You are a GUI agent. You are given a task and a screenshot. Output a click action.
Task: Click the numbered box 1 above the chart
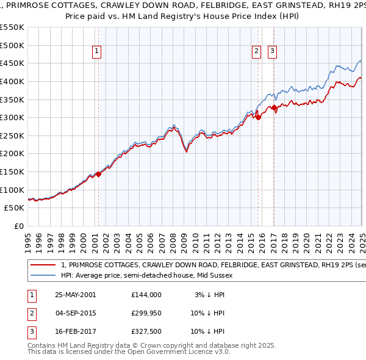pyautogui.click(x=98, y=52)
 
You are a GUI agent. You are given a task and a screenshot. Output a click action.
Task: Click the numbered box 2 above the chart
pyautogui.click(x=256, y=52)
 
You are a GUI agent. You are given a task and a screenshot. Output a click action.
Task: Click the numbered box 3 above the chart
pyautogui.click(x=272, y=52)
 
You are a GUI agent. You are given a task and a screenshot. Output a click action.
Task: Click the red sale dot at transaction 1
pyautogui.click(x=98, y=174)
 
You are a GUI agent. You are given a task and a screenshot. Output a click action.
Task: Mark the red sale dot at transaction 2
pyautogui.click(x=258, y=118)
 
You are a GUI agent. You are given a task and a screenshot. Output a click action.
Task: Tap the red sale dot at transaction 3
pyautogui.click(x=274, y=108)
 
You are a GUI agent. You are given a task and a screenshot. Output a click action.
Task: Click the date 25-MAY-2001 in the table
pyautogui.click(x=75, y=295)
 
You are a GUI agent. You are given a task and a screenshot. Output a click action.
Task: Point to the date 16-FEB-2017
pyautogui.click(x=75, y=333)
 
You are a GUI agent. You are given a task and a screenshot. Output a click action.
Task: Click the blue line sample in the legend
pyautogui.click(x=43, y=275)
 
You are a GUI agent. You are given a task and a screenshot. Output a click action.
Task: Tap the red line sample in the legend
pyautogui.click(x=43, y=265)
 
